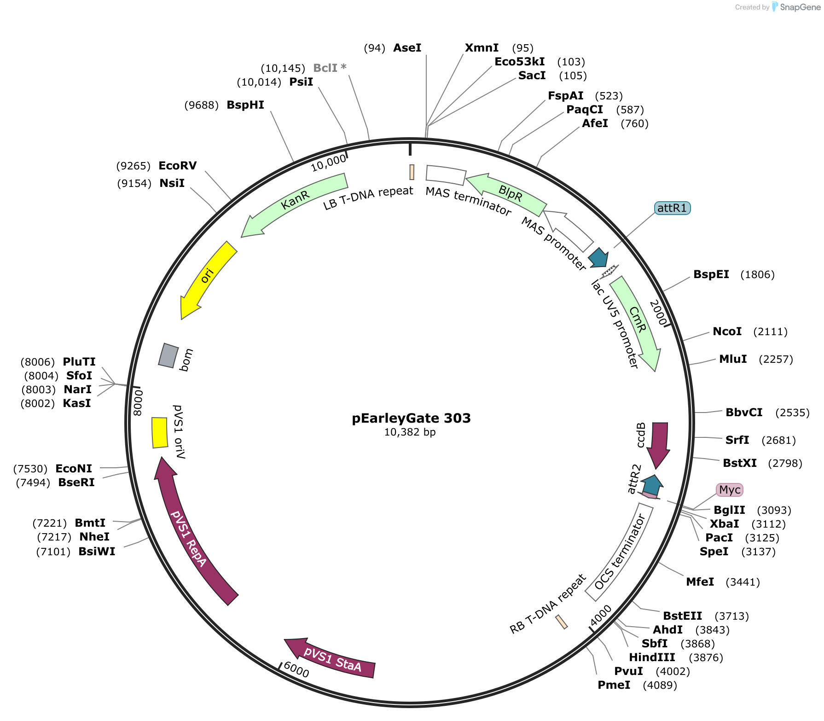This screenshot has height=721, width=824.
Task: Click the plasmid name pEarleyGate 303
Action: (x=411, y=418)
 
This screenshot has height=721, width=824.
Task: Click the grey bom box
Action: (x=168, y=355)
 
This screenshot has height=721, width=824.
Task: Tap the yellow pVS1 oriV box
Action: (x=160, y=432)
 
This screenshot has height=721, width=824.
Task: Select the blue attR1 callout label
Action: (x=672, y=208)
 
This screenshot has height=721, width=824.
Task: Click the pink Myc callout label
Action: (x=730, y=490)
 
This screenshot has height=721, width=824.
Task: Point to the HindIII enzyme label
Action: (x=652, y=657)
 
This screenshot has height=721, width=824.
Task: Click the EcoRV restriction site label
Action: (x=177, y=166)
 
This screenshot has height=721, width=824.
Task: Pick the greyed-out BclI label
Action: (x=329, y=68)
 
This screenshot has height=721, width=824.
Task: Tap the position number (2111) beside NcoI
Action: (x=770, y=331)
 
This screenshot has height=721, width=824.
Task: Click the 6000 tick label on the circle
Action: (x=296, y=669)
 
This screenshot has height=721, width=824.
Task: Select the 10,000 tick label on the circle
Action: (x=328, y=163)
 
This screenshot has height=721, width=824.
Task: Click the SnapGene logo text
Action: (x=800, y=7)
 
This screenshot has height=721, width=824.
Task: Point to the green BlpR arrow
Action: (x=510, y=193)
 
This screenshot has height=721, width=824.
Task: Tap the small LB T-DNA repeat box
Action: (x=412, y=172)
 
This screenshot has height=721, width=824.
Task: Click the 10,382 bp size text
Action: (x=410, y=432)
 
